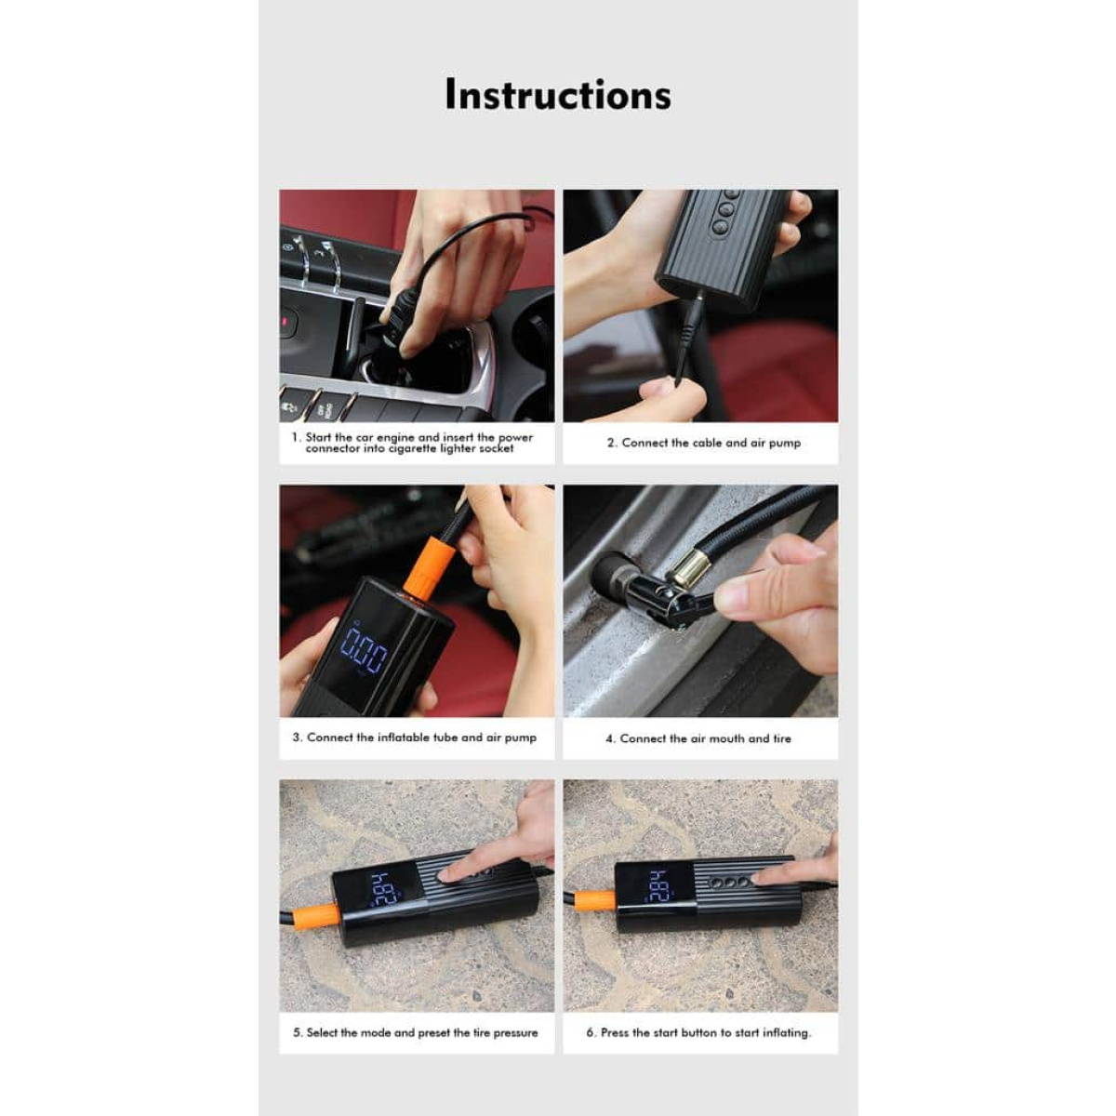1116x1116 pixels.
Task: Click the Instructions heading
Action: tap(558, 95)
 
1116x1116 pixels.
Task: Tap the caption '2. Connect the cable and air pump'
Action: tap(704, 443)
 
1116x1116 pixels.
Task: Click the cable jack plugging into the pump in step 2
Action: tap(691, 336)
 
